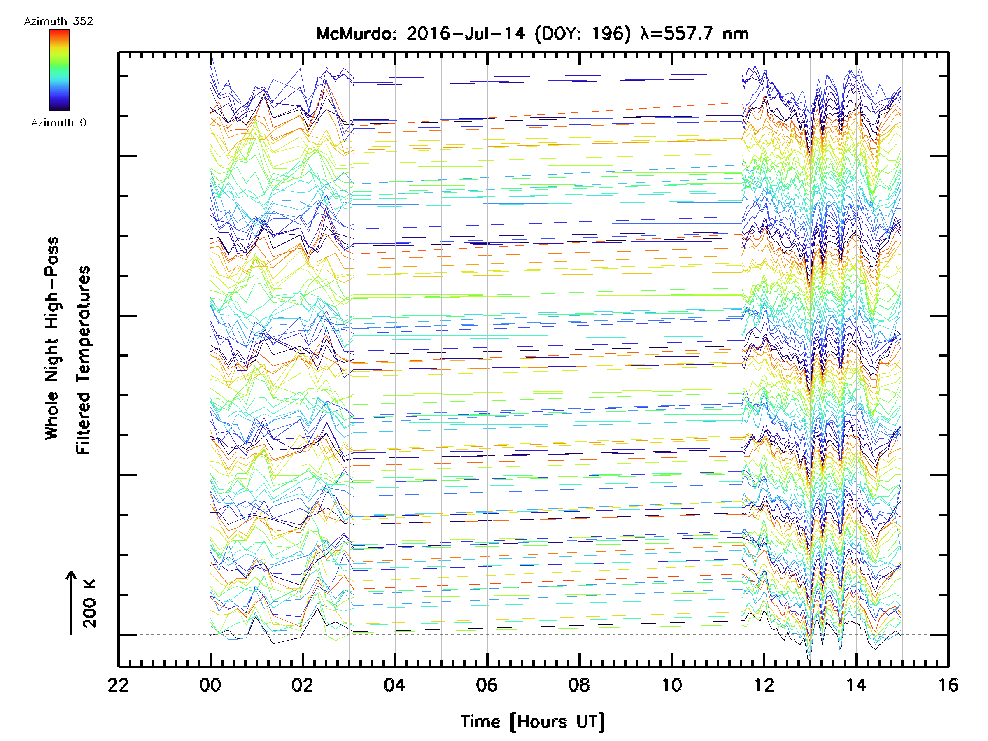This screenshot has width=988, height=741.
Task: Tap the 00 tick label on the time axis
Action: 210,685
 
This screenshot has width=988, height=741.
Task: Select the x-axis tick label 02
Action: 303,685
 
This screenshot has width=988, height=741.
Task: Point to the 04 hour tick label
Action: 394,685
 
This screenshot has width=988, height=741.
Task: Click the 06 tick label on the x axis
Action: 487,685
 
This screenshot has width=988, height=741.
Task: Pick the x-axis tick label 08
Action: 579,685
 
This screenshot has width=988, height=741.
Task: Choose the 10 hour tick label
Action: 671,685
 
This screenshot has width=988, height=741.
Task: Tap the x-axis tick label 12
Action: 764,685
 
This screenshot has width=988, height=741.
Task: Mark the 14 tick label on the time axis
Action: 856,685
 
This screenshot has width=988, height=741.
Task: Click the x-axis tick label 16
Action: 948,685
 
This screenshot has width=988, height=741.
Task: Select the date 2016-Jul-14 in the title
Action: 466,34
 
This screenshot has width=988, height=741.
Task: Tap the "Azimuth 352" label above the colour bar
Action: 58,21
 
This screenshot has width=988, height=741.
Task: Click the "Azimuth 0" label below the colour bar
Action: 58,123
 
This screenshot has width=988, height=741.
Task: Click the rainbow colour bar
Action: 59,70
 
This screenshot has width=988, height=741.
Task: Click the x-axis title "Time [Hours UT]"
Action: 533,722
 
